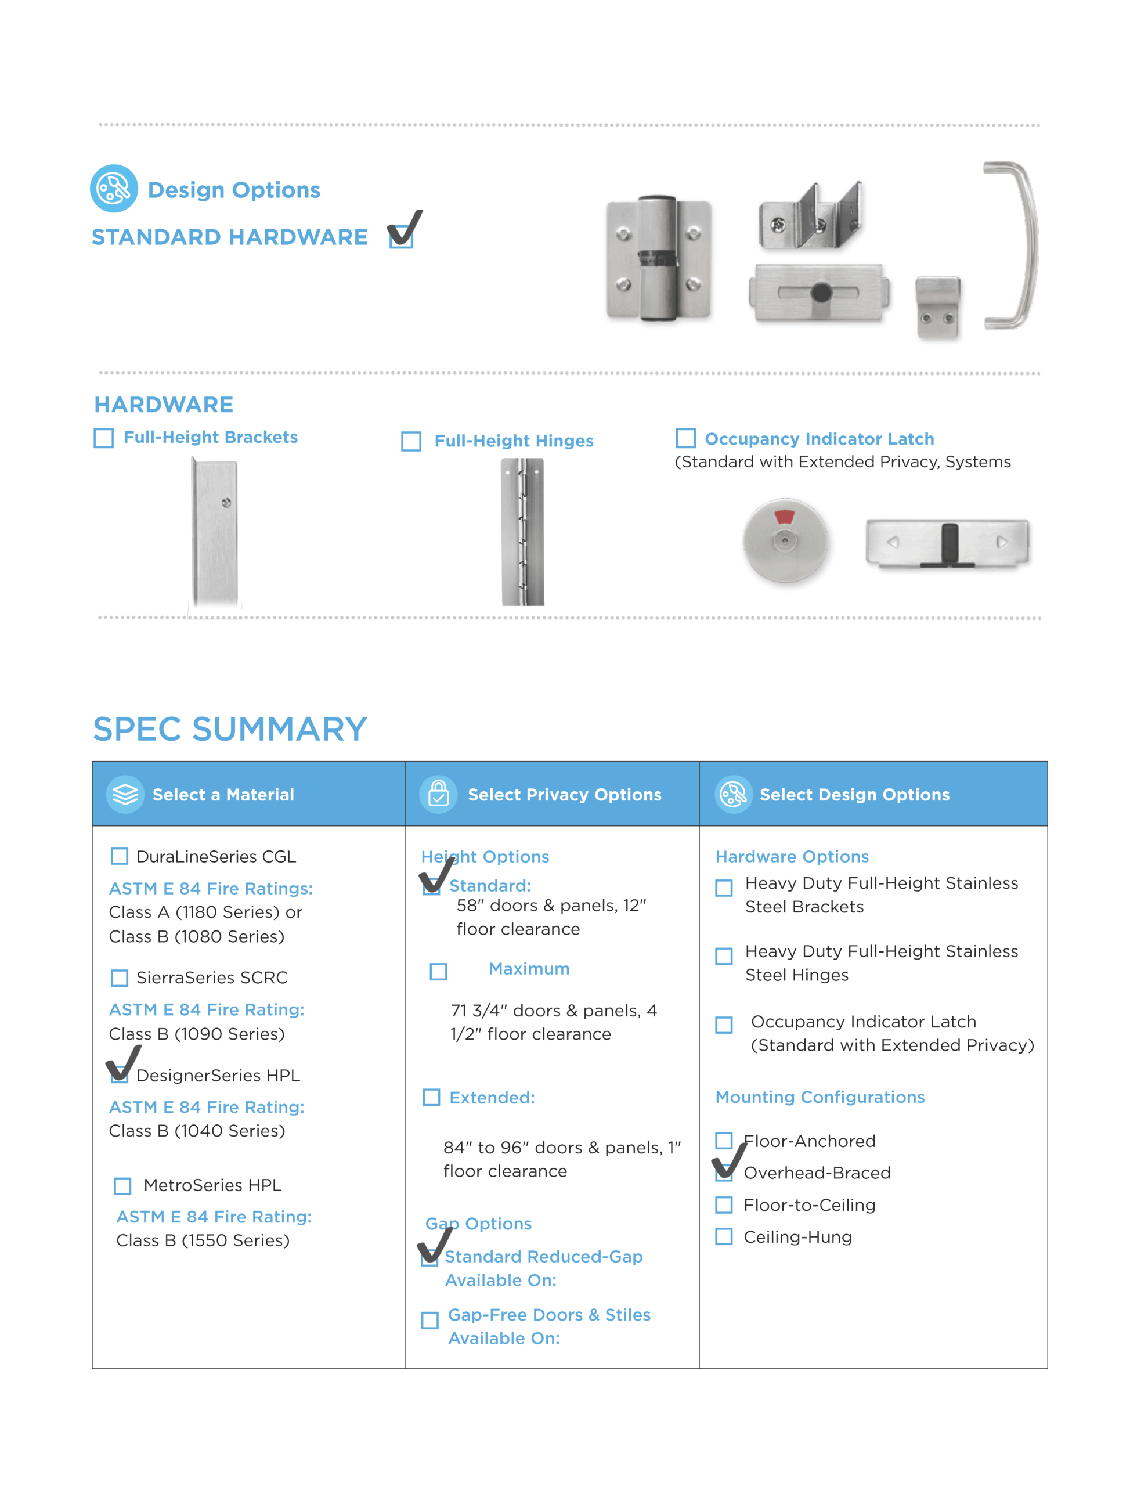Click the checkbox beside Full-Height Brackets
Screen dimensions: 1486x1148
(103, 438)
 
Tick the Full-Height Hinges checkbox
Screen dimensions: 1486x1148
(411, 442)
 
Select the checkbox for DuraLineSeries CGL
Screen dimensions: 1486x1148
(119, 856)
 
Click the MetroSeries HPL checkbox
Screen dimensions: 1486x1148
(122, 1186)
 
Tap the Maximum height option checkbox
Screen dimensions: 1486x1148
(438, 971)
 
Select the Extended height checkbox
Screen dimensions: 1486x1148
(431, 1098)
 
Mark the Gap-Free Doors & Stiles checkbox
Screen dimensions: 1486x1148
(430, 1320)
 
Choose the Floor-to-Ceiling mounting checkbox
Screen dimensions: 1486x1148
(724, 1205)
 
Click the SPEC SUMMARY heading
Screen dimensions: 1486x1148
(229, 730)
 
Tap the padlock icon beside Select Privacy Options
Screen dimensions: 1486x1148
(438, 794)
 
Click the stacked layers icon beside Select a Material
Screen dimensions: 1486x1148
(125, 794)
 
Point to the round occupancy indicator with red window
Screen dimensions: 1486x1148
(785, 541)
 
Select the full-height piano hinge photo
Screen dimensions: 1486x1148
(522, 532)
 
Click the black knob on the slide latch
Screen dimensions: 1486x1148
(821, 293)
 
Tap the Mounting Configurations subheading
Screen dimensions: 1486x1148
(820, 1097)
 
